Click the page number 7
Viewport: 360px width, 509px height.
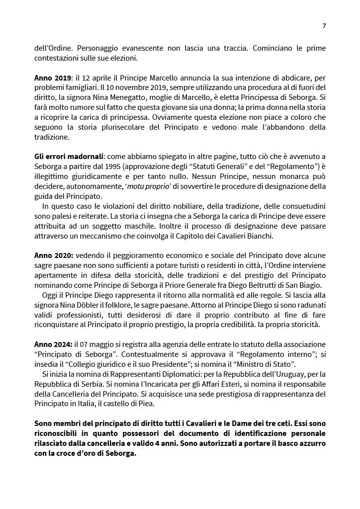pos(324,26)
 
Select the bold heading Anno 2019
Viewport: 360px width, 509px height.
pos(52,79)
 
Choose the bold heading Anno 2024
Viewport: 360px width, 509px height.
pos(53,344)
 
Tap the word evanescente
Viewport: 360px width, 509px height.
pos(126,49)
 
